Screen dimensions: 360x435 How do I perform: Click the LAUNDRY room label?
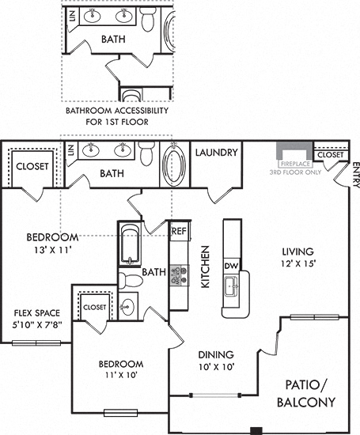[x=217, y=153]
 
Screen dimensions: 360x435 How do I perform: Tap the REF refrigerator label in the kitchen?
[x=180, y=231]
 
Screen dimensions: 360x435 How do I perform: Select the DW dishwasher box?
[x=232, y=266]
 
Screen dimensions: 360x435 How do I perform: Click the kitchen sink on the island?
[x=232, y=286]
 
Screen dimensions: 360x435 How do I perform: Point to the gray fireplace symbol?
[x=294, y=149]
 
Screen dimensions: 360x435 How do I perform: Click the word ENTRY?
[x=356, y=175]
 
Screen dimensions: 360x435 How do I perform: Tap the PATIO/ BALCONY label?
[x=306, y=393]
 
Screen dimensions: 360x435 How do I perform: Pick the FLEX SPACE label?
[x=37, y=313]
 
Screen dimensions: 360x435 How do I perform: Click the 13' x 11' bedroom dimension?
[x=53, y=250]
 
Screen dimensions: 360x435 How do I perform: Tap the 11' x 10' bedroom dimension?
[x=121, y=375]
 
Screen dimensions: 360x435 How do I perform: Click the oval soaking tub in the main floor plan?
[x=174, y=165]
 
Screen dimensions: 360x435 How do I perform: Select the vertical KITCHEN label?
[x=205, y=267]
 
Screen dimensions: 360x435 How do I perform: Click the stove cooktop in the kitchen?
[x=180, y=276]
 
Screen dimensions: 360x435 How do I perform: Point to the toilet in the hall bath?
[x=131, y=281]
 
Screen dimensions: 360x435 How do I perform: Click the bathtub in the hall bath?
[x=130, y=244]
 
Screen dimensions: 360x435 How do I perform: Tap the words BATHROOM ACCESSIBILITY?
[x=117, y=111]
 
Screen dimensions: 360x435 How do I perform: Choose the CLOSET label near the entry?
[x=330, y=155]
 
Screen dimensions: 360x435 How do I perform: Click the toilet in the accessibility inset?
[x=148, y=19]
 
